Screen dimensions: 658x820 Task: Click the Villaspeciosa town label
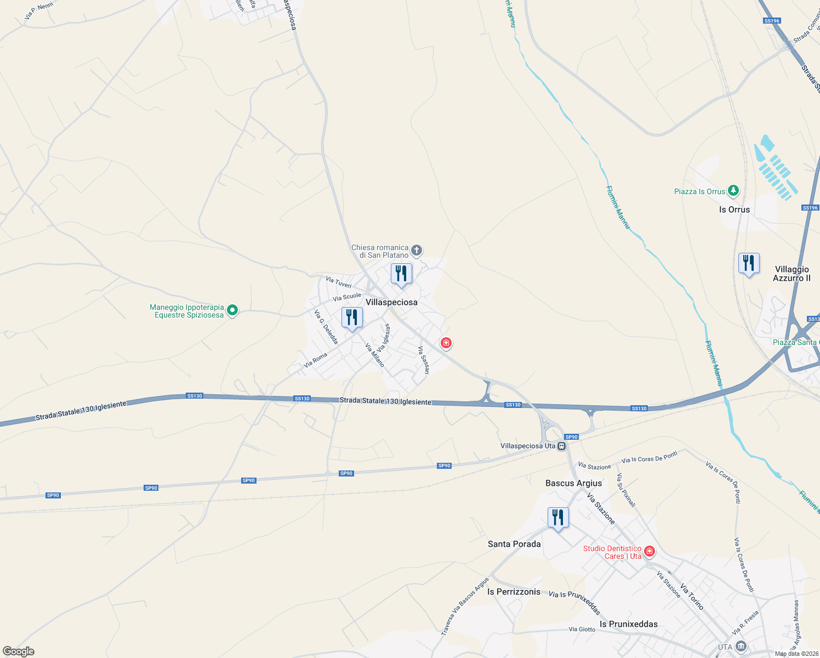click(x=391, y=302)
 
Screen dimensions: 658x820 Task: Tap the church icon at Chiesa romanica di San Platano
click(x=417, y=251)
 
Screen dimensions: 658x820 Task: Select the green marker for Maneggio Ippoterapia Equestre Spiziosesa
click(x=232, y=310)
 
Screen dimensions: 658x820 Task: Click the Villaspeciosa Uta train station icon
click(x=561, y=446)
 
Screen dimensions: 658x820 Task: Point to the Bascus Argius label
click(x=573, y=483)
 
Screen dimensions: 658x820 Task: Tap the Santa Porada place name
click(x=514, y=544)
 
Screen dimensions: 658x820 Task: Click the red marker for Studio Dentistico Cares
click(x=650, y=551)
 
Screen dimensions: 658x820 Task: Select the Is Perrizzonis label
click(x=514, y=592)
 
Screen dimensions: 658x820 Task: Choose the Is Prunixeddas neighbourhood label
click(x=628, y=624)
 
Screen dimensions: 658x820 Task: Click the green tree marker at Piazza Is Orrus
click(x=733, y=191)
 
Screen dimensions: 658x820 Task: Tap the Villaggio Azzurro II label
click(x=791, y=274)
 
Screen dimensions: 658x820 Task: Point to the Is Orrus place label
click(x=734, y=209)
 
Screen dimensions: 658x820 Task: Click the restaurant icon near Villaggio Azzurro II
click(x=748, y=263)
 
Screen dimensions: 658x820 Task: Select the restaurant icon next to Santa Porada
click(x=557, y=517)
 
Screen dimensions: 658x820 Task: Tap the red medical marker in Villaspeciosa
click(x=446, y=343)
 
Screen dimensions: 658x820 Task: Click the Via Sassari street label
click(x=423, y=360)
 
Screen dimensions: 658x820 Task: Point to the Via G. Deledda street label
click(x=326, y=327)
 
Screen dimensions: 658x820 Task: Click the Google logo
click(x=19, y=651)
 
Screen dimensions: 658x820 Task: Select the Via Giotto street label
click(x=582, y=629)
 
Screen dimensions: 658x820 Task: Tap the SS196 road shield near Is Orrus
click(x=810, y=208)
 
